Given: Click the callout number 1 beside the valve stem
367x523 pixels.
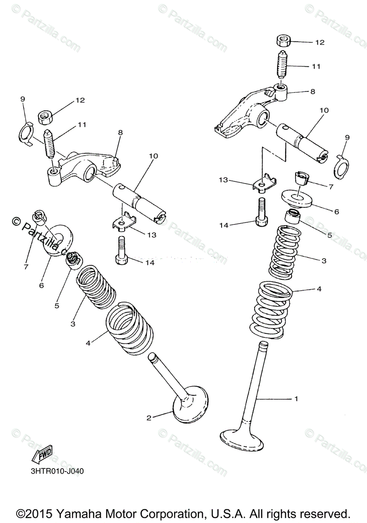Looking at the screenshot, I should point(296,398).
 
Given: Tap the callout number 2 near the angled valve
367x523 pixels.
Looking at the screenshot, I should point(149,418).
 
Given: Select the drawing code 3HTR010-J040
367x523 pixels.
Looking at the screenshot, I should point(57,472).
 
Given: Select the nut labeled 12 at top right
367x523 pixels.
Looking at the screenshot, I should point(283,42).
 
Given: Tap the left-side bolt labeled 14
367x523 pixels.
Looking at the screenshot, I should point(121,250).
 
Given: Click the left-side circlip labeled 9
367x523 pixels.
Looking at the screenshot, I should point(27,134).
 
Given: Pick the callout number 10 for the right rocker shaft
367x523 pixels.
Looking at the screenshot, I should point(323,111).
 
